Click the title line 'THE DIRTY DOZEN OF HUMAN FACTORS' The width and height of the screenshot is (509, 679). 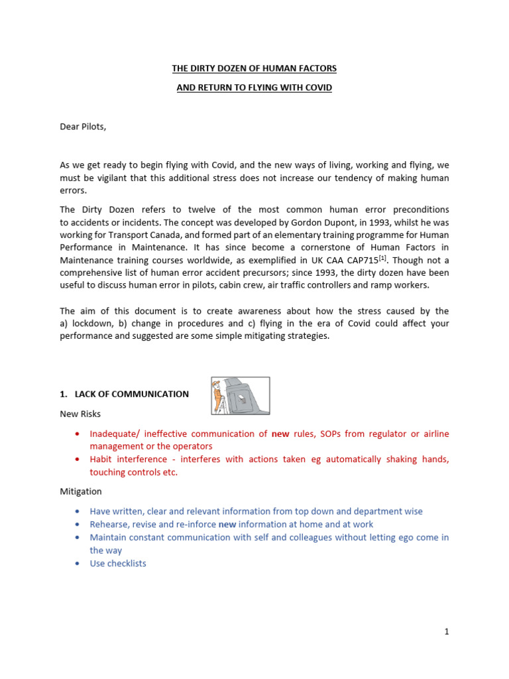pos(254,68)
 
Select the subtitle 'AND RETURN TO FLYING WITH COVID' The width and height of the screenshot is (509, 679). pos(254,88)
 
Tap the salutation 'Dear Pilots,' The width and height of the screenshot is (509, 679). pos(83,127)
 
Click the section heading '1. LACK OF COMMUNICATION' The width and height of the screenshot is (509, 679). pos(124,394)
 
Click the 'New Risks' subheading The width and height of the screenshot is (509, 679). pos(80,414)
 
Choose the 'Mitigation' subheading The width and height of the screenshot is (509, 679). pos(81,492)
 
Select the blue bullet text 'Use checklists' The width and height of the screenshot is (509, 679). pos(118,564)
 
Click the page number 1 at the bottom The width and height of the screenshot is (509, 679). pos(447,632)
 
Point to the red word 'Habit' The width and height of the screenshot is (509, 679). pos(102,460)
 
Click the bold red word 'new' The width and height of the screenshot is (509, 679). pos(281,434)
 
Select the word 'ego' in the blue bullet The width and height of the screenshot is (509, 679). pos(386,538)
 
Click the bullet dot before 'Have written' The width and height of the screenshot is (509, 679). pos(78,512)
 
